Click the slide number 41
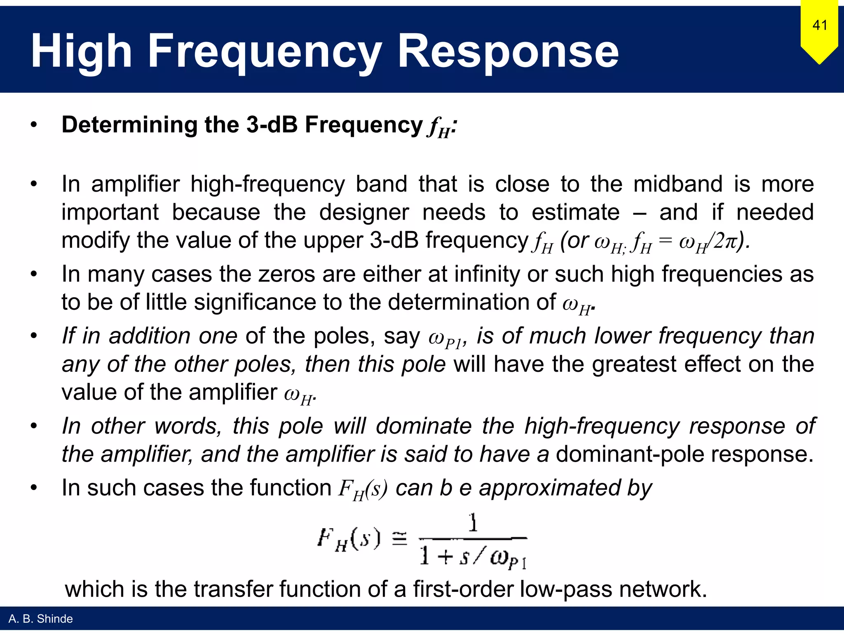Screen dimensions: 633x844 pyautogui.click(x=820, y=26)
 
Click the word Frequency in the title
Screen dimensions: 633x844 pyautogui.click(x=264, y=52)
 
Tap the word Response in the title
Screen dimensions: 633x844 pyautogui.click(x=508, y=52)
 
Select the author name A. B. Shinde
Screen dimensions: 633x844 pyautogui.click(x=40, y=619)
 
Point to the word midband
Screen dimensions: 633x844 pyautogui.click(x=678, y=184)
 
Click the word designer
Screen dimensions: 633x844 pyautogui.click(x=364, y=212)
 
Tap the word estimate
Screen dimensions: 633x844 pyautogui.click(x=575, y=212)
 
